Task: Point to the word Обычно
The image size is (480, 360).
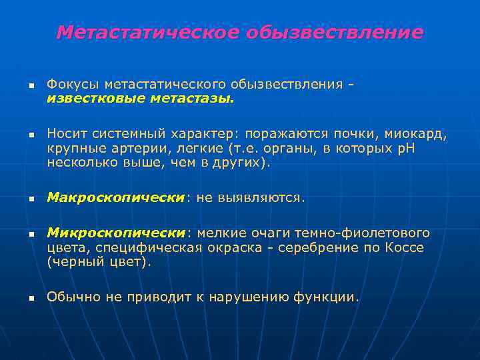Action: [74, 297]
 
